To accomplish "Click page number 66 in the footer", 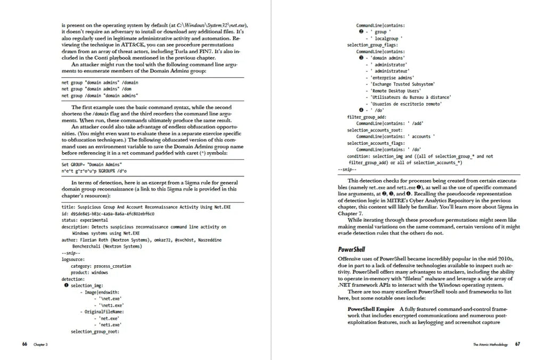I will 24,345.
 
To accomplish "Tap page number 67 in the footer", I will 517,345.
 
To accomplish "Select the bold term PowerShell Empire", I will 371,309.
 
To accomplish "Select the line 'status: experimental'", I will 85,219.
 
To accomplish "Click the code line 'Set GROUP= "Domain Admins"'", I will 92,164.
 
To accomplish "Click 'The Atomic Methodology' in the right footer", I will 490,345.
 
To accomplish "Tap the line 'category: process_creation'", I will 101,266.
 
